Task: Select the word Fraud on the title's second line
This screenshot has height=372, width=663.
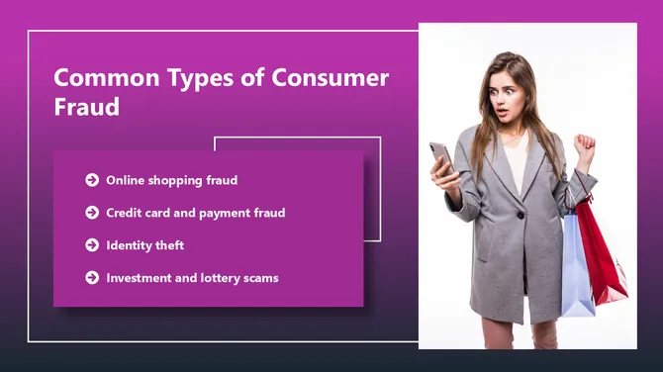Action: point(86,108)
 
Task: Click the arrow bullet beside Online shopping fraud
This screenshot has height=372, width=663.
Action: point(92,180)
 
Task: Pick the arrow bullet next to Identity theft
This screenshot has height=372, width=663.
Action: point(92,245)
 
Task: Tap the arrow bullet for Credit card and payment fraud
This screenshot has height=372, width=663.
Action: point(92,213)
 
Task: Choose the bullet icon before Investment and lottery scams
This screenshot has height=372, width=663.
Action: point(92,278)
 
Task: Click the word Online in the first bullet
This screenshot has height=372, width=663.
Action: point(126,180)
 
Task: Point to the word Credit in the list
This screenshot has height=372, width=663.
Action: point(125,213)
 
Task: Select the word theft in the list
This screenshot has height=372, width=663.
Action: point(168,245)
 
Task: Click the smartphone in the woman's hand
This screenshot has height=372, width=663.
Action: point(441,156)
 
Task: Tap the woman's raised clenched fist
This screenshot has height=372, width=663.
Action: point(585,148)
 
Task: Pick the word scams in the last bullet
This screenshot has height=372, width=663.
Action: point(260,278)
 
